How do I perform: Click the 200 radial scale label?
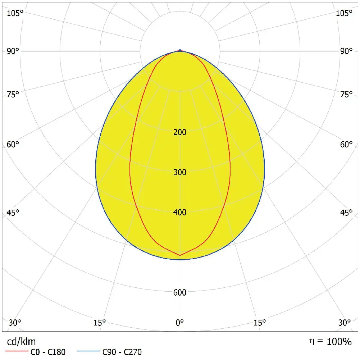[180, 132]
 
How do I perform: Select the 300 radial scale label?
[180, 172]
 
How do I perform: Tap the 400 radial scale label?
[180, 213]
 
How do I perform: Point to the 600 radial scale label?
[180, 293]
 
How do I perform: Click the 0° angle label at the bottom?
[180, 322]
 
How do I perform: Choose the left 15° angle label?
[100, 322]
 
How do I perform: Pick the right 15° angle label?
[260, 322]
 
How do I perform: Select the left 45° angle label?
[13, 213]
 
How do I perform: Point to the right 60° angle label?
[347, 145]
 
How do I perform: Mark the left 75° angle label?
[13, 95]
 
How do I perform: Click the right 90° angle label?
[347, 51]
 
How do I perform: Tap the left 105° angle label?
[15, 13]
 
